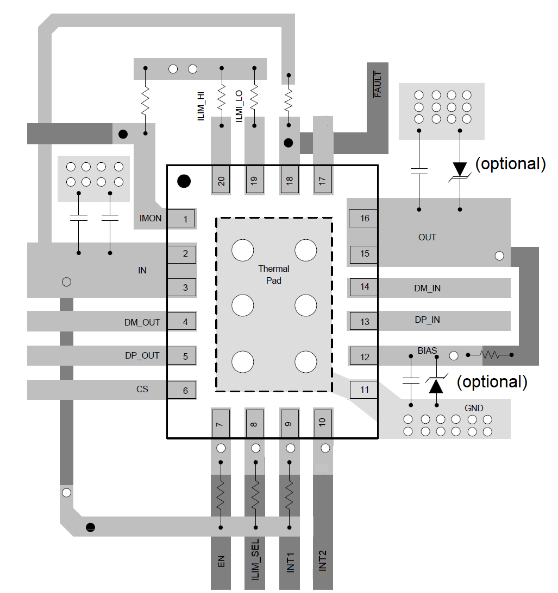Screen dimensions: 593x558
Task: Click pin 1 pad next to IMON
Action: tap(181, 219)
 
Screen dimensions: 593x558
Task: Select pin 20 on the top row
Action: tap(221, 180)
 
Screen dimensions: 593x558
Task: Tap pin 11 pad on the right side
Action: tap(363, 390)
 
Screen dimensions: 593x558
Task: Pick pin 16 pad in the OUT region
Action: tap(363, 218)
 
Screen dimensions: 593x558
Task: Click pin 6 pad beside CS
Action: tap(181, 390)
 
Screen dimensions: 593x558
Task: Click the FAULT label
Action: tap(378, 85)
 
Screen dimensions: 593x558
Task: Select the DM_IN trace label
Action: tap(427, 288)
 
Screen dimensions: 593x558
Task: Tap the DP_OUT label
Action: tap(142, 355)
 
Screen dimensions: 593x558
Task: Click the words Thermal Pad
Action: tap(274, 275)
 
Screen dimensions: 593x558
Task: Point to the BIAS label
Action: tap(428, 350)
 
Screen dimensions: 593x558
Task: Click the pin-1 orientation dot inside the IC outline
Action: tap(184, 181)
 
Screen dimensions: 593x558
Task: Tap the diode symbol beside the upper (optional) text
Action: tap(460, 169)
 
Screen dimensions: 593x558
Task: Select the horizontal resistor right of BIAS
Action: tap(490, 355)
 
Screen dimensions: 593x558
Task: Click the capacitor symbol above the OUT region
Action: tap(419, 171)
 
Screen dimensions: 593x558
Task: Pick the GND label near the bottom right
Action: tap(474, 408)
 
